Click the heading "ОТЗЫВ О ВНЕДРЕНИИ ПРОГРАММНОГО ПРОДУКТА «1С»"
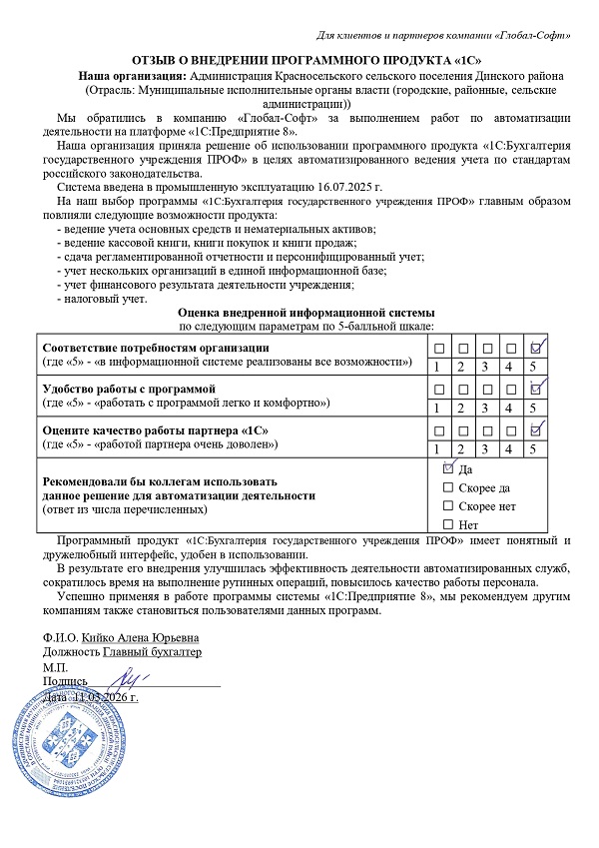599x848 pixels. pos(299,60)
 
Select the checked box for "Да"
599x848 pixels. pos(447,467)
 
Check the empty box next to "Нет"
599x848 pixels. pos(447,524)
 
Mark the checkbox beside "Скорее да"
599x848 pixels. pos(447,486)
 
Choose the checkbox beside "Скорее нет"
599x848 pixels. pos(447,505)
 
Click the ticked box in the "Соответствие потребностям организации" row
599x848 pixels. pos(537,348)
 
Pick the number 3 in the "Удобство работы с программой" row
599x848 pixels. pos(487,408)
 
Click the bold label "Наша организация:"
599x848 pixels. pos(133,75)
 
